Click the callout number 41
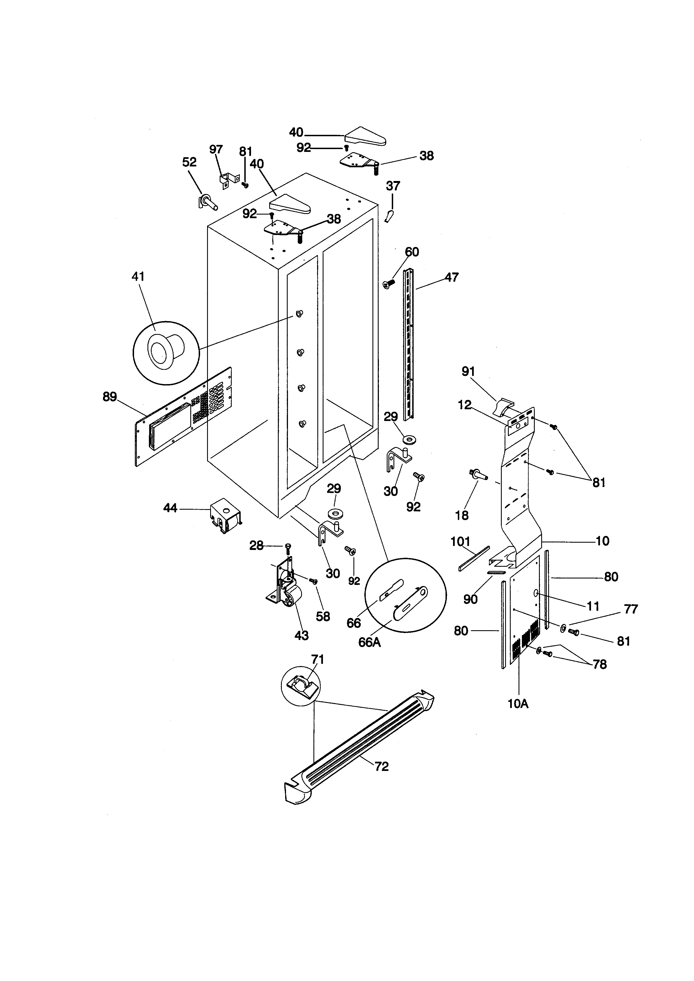point(138,277)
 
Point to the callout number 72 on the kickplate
point(382,767)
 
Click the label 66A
point(369,643)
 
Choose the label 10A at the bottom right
point(518,704)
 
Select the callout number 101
point(460,542)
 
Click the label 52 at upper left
point(189,162)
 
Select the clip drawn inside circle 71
point(302,685)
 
